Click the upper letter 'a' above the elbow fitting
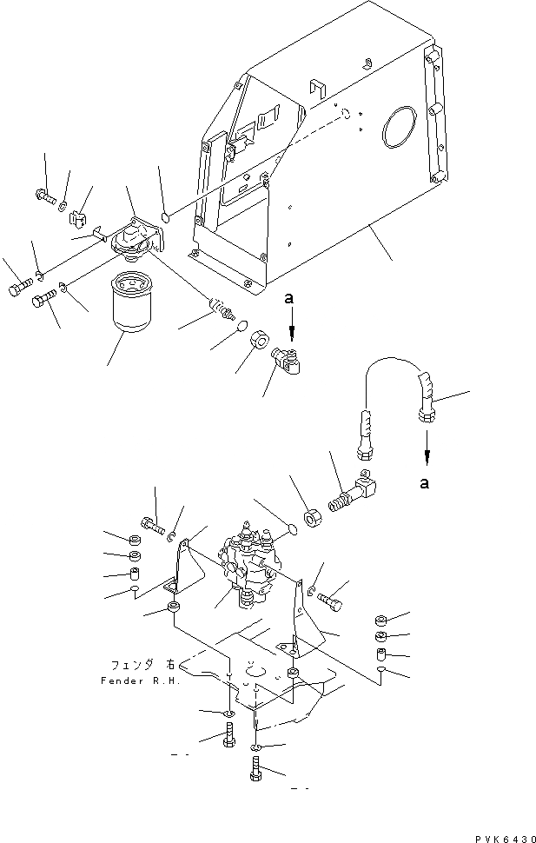pos(291,298)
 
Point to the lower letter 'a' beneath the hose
pos(425,484)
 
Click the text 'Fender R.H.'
pos(140,681)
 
